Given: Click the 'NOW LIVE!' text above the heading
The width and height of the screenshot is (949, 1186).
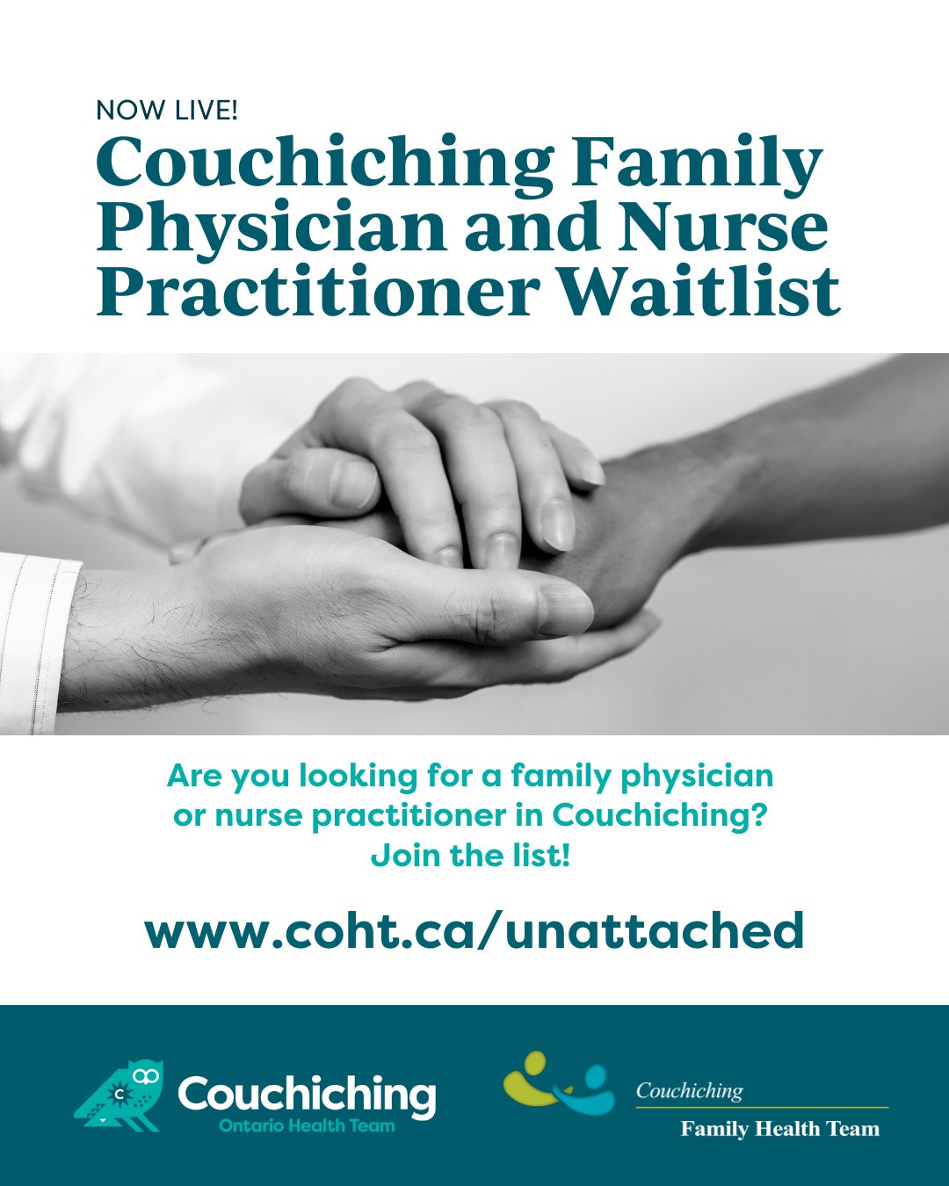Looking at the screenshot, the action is tap(167, 111).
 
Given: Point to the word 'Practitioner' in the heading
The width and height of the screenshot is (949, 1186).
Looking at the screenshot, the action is tap(317, 290).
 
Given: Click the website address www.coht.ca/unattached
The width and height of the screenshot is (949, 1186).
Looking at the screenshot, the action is tap(474, 931).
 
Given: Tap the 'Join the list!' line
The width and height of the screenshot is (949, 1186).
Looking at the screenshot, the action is tap(470, 856).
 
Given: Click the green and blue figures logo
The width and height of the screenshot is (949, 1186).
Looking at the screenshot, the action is tap(559, 1083).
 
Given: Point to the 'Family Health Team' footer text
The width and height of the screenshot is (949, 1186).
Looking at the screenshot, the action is tap(779, 1129).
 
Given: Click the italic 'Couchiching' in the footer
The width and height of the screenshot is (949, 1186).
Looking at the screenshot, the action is tap(689, 1091).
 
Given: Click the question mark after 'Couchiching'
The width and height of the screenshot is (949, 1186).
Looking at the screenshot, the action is tap(758, 815).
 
